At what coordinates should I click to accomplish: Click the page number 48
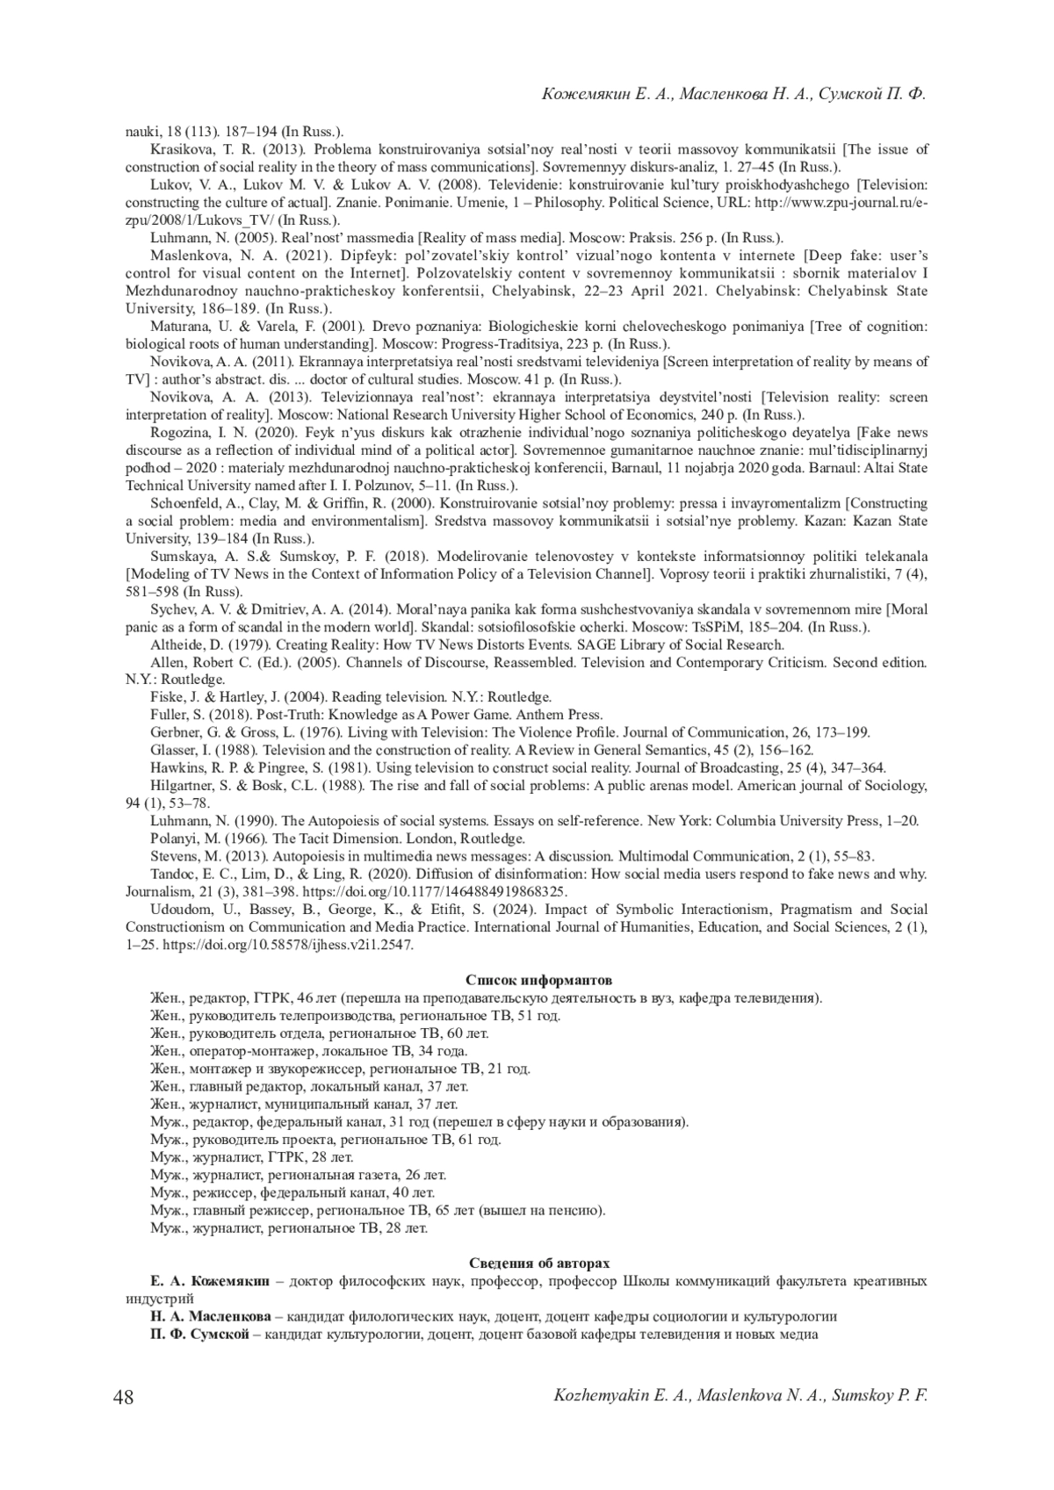pos(124,1397)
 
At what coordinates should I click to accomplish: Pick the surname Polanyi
pos(175,839)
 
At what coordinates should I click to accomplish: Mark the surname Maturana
pos(180,327)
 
